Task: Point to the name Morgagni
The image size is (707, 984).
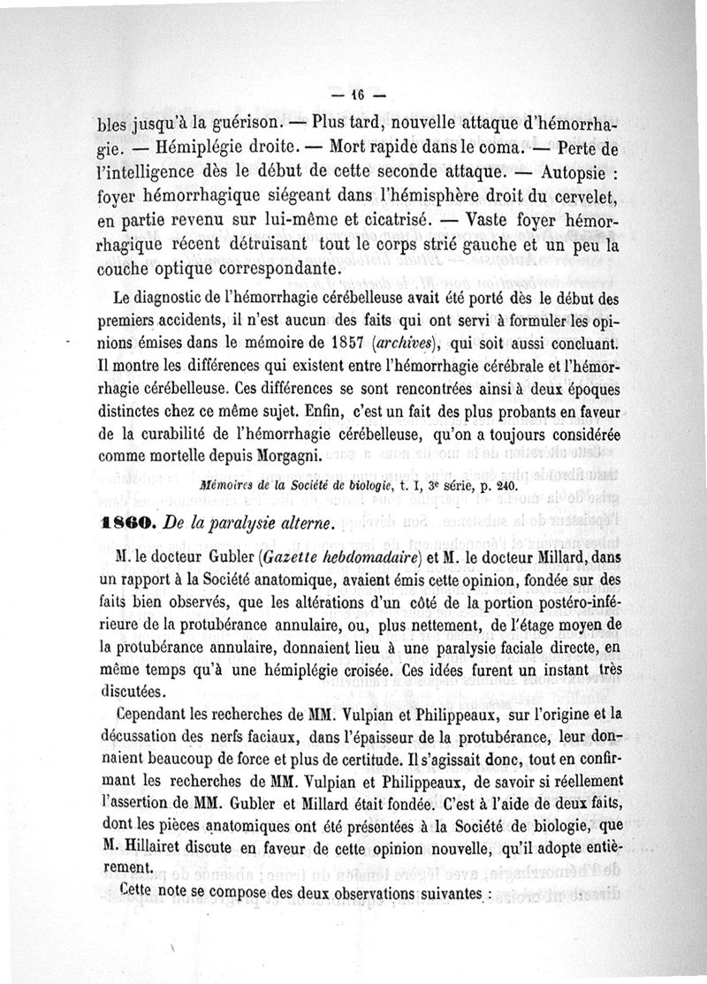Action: click(282, 457)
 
